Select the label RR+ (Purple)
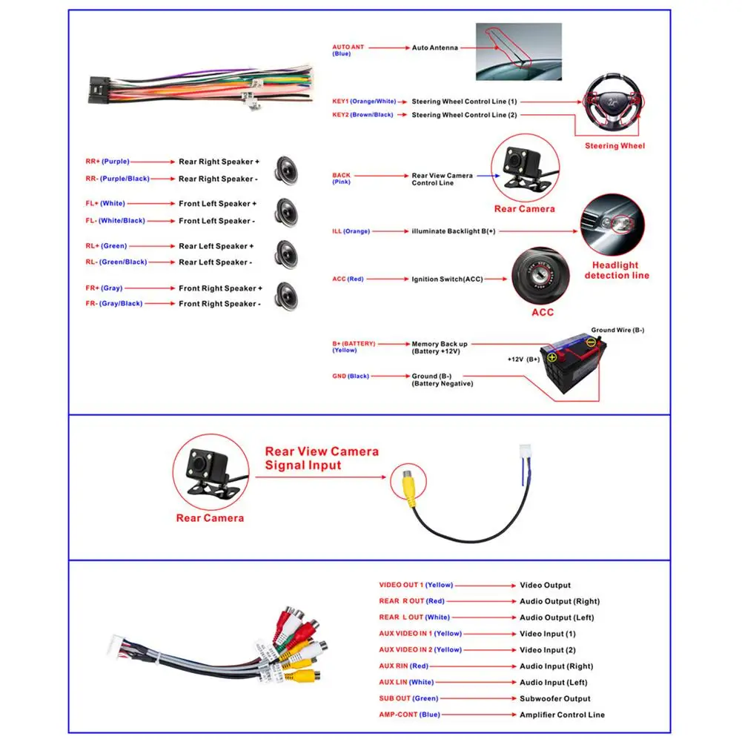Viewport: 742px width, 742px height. [107, 161]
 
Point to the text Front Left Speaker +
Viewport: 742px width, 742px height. [217, 204]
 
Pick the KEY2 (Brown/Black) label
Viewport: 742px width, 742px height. [362, 115]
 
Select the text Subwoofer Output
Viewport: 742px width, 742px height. [554, 698]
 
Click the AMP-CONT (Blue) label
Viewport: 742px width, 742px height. [409, 715]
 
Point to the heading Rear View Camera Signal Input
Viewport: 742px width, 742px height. [322, 458]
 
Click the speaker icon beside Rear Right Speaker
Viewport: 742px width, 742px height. [286, 169]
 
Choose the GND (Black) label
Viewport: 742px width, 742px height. [351, 376]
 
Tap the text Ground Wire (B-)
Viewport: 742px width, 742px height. [617, 330]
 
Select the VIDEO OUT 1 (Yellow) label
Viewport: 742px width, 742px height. [415, 585]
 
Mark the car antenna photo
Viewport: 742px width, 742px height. [518, 51]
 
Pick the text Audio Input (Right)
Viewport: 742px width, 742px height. [556, 666]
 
